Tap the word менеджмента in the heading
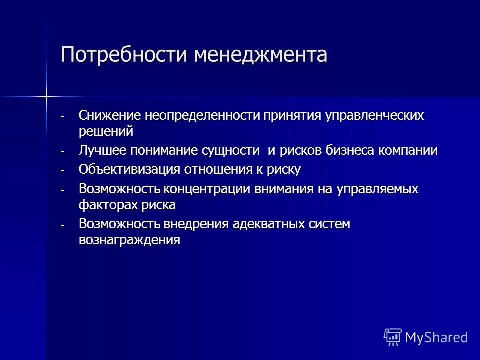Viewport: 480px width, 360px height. tap(260, 54)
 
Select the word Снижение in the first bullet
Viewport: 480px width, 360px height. tap(110, 116)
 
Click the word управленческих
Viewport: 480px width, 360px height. tap(375, 116)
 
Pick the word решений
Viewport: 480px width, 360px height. tap(106, 131)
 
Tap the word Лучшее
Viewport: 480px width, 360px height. tap(103, 150)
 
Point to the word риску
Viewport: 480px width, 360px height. tap(284, 170)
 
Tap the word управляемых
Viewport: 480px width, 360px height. tap(378, 189)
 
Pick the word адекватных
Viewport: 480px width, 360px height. tap(265, 224)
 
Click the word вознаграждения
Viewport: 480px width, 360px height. tap(129, 240)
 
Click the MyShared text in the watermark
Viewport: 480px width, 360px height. tap(436, 337)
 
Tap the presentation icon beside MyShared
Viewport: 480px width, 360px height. tap(392, 337)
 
